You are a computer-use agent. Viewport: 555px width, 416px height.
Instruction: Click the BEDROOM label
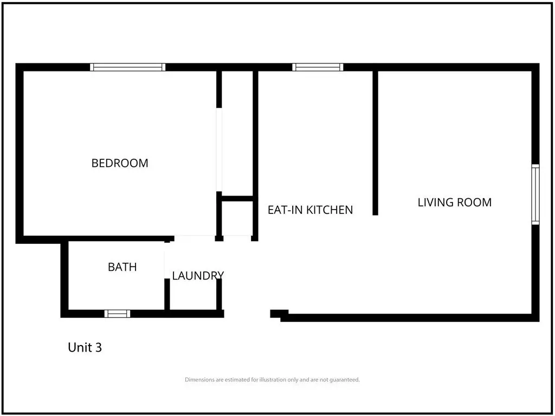click(x=120, y=163)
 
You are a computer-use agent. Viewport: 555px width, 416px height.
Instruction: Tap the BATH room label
click(x=122, y=266)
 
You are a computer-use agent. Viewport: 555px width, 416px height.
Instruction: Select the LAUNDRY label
click(x=198, y=276)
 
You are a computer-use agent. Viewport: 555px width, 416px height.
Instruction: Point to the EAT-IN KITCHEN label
click(x=310, y=210)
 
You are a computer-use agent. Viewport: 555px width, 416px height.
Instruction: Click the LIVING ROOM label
click(x=455, y=203)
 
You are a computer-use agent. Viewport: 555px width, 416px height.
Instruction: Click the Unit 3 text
click(x=85, y=347)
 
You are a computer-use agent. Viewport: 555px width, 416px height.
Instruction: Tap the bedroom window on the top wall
click(x=127, y=67)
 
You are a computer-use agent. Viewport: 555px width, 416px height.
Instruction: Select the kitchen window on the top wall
click(x=318, y=67)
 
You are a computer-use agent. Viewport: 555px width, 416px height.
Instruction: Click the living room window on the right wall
click(x=535, y=194)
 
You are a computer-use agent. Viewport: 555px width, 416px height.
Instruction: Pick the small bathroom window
click(x=117, y=314)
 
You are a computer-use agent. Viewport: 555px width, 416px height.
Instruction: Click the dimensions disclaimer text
click(x=272, y=380)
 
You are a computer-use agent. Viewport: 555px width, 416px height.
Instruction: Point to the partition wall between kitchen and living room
click(x=375, y=143)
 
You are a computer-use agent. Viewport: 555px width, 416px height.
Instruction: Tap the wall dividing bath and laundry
click(x=167, y=294)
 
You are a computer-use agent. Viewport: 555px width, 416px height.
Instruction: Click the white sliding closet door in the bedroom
click(x=219, y=149)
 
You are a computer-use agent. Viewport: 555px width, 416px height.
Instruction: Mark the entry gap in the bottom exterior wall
click(x=247, y=314)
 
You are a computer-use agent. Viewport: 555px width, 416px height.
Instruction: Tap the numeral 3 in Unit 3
click(x=99, y=347)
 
